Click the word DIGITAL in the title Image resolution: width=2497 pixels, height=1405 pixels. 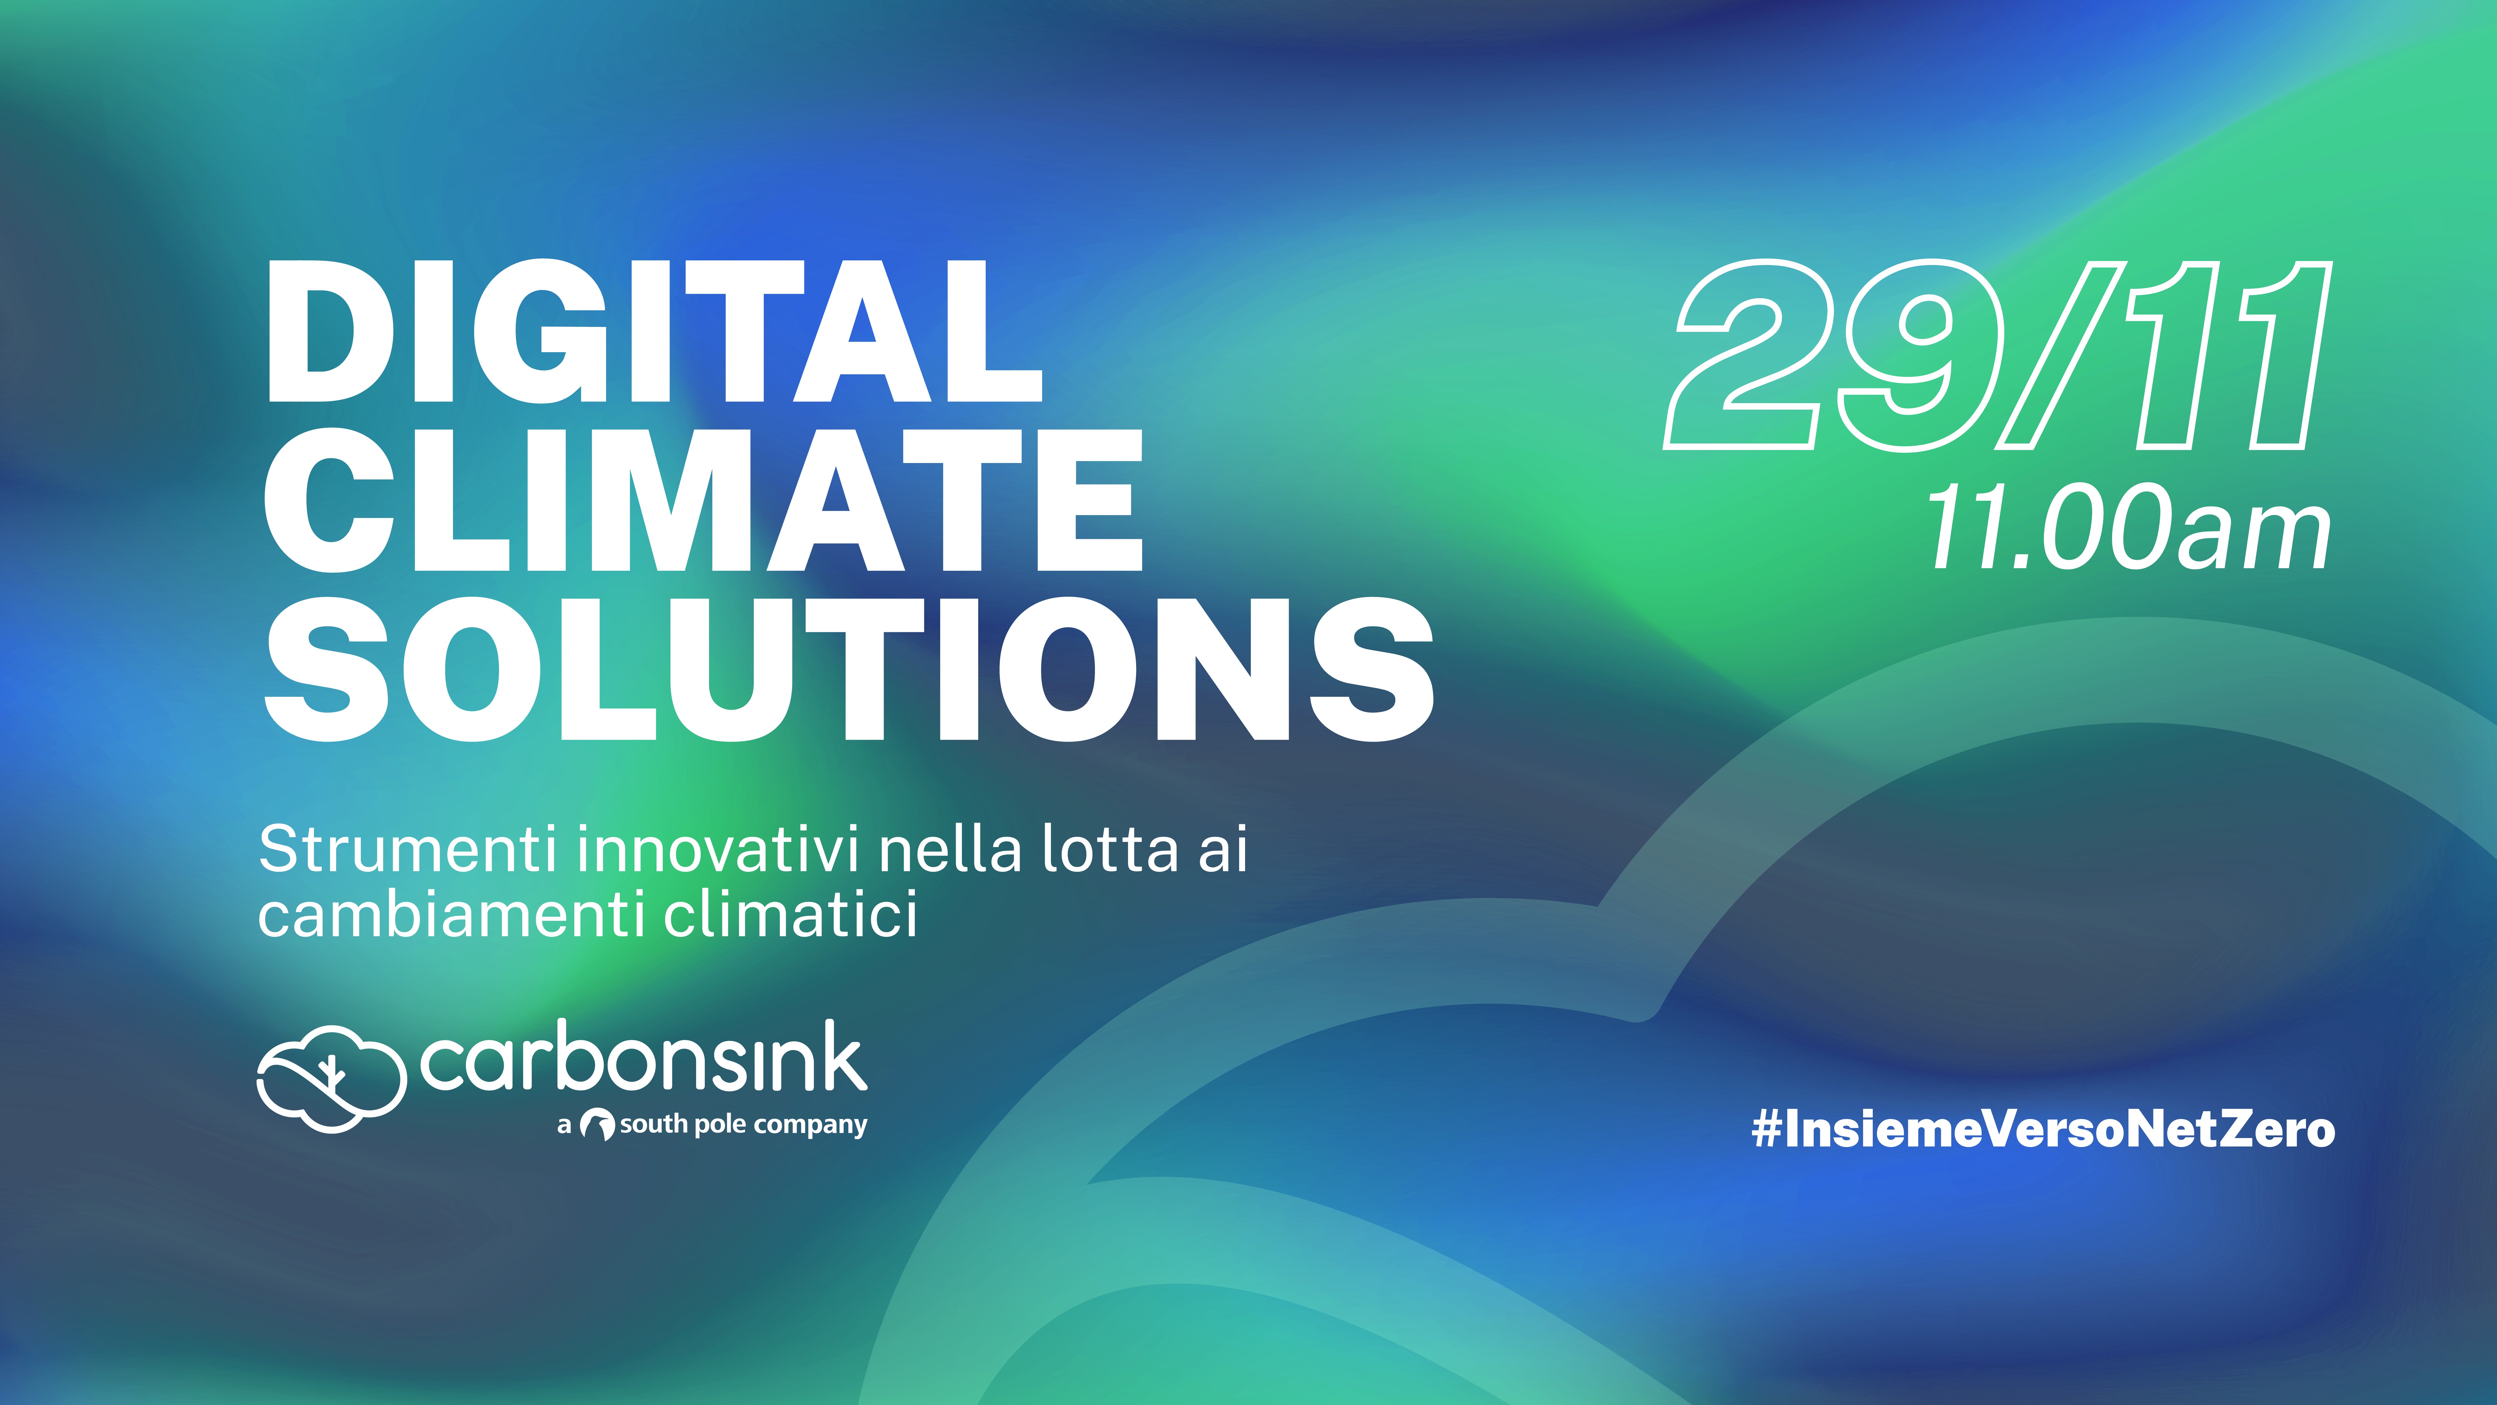[654, 332]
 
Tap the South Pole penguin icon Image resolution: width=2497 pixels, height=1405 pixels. [597, 1125]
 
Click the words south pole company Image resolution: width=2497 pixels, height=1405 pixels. [743, 1125]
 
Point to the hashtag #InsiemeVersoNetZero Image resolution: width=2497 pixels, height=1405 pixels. [2043, 1129]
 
